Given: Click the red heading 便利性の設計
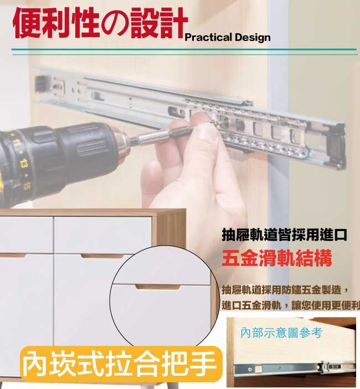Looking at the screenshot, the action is (x=100, y=23).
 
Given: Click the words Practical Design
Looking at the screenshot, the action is (x=228, y=38).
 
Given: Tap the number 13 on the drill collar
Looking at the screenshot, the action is (x=24, y=163).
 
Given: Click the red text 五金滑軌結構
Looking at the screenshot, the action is (x=277, y=258).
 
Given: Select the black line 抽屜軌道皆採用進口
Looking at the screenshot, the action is (x=284, y=235).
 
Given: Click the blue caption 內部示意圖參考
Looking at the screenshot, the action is (x=281, y=332).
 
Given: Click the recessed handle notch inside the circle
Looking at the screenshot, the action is (x=158, y=287).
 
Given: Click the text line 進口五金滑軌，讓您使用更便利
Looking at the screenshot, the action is (x=291, y=305).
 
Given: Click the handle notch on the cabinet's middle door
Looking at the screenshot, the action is (x=102, y=256).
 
